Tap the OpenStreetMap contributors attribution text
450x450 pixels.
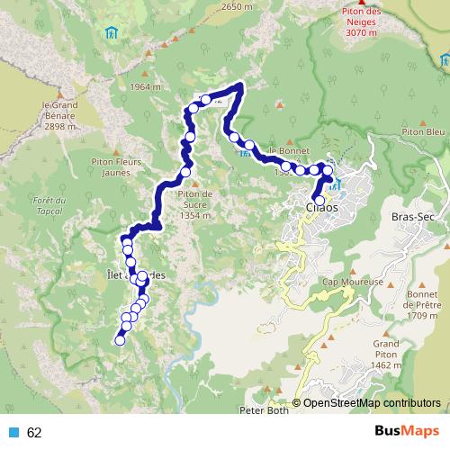372,403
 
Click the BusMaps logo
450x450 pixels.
407,432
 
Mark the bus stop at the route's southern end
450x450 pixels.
119,340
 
